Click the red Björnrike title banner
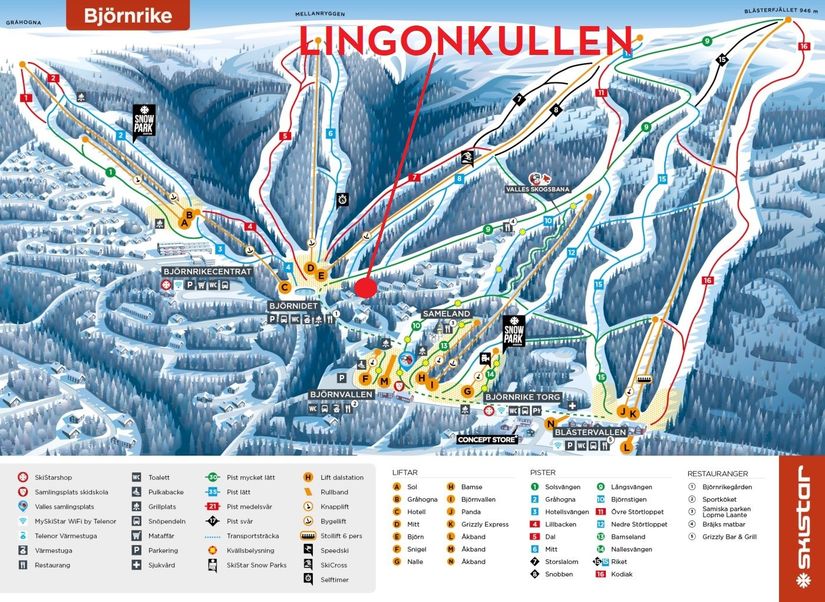[x=128, y=16]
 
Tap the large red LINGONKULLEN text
[x=466, y=39]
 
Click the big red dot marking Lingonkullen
[x=365, y=287]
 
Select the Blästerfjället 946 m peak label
[x=780, y=10]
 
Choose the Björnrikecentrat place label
[x=207, y=271]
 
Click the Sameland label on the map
[x=446, y=313]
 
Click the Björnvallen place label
[x=341, y=394]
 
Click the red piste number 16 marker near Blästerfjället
[x=803, y=46]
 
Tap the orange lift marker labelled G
[x=467, y=391]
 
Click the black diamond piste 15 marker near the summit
[x=722, y=61]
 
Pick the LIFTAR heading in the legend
[x=405, y=472]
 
